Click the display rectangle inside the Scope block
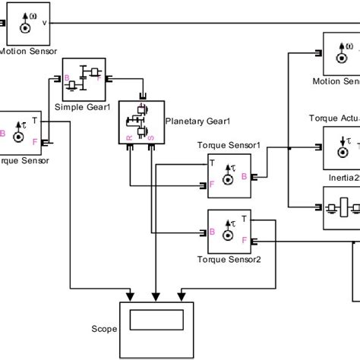pos(156,341)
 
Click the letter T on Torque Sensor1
pos(212,162)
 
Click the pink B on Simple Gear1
pos(66,77)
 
